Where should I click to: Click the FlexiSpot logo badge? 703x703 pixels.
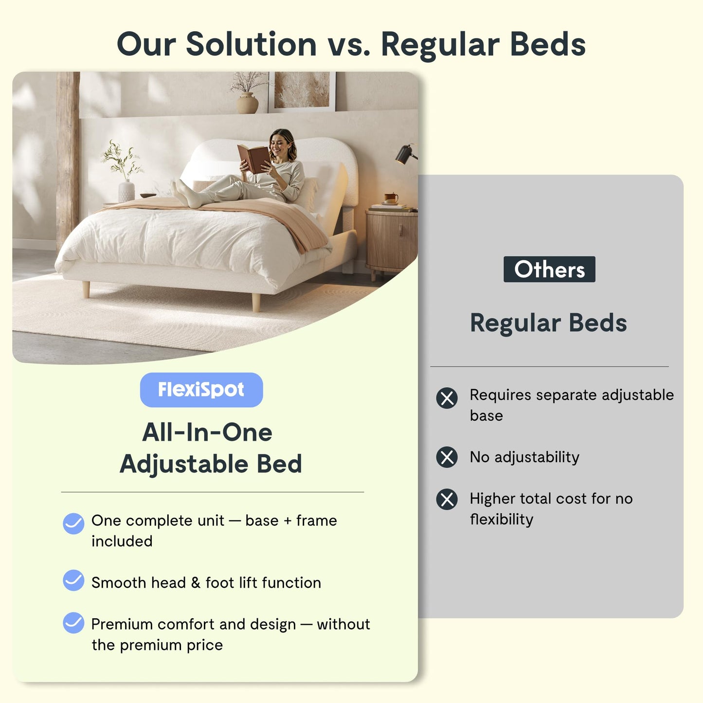[x=201, y=390]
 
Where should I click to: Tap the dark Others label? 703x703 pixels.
[x=549, y=269]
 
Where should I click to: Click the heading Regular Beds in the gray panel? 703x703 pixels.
[x=548, y=323]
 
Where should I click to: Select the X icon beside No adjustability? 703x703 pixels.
[x=447, y=457]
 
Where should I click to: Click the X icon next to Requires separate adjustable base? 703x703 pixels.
[x=447, y=398]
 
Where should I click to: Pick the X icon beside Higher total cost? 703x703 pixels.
[x=447, y=499]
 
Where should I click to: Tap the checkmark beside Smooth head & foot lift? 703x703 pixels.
[x=73, y=580]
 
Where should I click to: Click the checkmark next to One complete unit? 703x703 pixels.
[x=73, y=523]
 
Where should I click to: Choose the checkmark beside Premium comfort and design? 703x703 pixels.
[x=73, y=623]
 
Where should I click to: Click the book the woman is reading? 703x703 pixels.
[x=253, y=158]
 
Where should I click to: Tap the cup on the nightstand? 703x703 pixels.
[x=391, y=198]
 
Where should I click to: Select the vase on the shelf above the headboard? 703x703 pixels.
[x=247, y=103]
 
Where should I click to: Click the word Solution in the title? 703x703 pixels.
[x=251, y=44]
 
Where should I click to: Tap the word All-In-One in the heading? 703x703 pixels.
[x=207, y=432]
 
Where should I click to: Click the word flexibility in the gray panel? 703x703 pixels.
[x=502, y=520]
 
